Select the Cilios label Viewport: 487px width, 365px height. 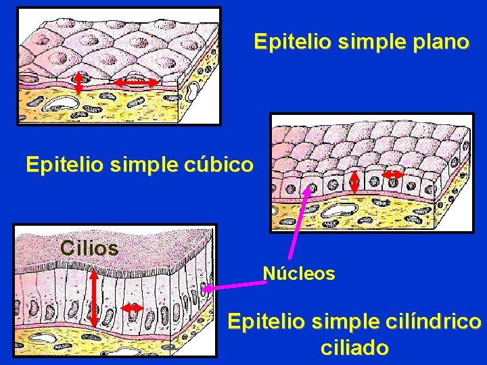point(89,249)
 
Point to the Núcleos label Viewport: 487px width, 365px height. point(298,274)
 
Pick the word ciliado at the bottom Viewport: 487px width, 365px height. point(354,348)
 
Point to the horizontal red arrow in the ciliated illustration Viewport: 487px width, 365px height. point(132,308)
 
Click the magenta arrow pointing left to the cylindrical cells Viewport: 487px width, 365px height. point(237,287)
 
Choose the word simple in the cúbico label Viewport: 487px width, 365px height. point(140,165)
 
